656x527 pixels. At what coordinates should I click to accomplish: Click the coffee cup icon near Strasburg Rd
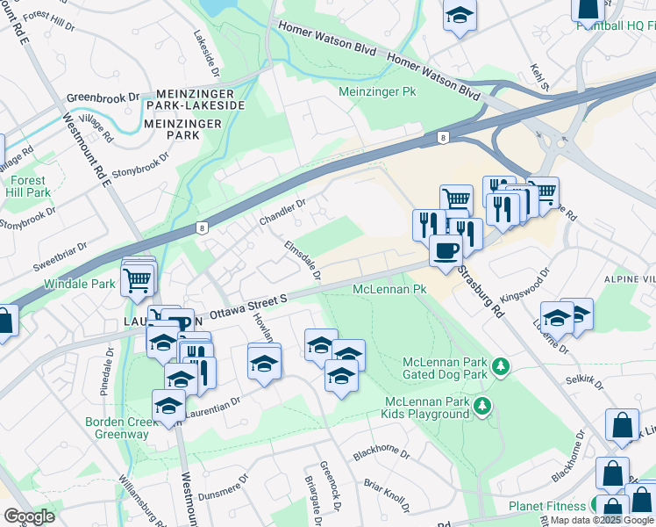(x=446, y=250)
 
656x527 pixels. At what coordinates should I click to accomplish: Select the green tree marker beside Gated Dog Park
(x=500, y=365)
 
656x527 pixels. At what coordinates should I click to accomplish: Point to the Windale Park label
(x=80, y=285)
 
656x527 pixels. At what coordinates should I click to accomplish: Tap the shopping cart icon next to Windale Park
(x=138, y=281)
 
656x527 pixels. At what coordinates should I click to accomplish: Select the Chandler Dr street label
(x=282, y=211)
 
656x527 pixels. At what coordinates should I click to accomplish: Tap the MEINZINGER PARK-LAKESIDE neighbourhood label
(x=200, y=99)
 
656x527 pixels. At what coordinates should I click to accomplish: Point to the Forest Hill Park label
(x=27, y=185)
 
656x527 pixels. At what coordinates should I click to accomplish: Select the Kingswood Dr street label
(x=522, y=285)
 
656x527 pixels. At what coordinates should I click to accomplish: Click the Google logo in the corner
(x=29, y=516)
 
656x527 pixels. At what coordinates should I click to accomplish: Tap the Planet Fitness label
(x=547, y=506)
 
